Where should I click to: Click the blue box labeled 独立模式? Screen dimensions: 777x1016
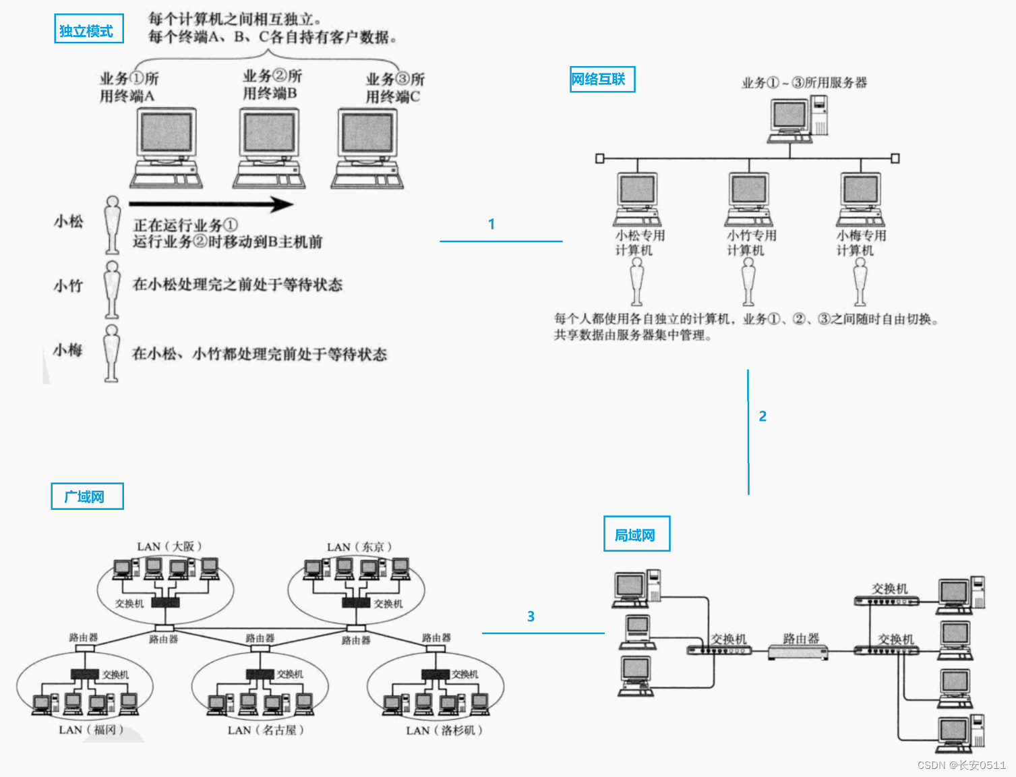click(x=88, y=29)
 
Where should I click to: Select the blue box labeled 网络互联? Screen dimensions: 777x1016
click(x=602, y=79)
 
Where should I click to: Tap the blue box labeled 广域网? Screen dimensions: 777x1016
click(x=87, y=496)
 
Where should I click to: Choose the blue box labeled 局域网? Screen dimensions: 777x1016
click(x=636, y=534)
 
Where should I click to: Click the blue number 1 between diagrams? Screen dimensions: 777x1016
click(x=491, y=224)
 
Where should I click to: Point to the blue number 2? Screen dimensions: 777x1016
click(x=763, y=416)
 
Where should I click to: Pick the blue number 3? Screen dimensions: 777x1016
click(x=531, y=616)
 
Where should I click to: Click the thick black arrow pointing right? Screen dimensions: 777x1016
click(x=210, y=204)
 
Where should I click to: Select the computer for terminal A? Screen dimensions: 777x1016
click(x=166, y=148)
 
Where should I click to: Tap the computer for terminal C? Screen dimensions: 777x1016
click(x=367, y=148)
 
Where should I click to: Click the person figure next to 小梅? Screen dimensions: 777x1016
click(x=112, y=353)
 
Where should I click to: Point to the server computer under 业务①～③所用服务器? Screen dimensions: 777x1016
click(x=798, y=119)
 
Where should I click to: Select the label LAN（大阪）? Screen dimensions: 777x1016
click(x=169, y=546)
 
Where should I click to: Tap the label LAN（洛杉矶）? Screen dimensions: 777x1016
click(x=444, y=730)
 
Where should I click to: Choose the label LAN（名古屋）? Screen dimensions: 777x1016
click(x=266, y=730)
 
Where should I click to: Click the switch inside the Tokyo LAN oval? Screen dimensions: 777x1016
click(x=356, y=602)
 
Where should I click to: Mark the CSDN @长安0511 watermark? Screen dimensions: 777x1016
click(x=961, y=765)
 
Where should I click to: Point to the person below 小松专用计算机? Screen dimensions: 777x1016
click(x=636, y=282)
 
